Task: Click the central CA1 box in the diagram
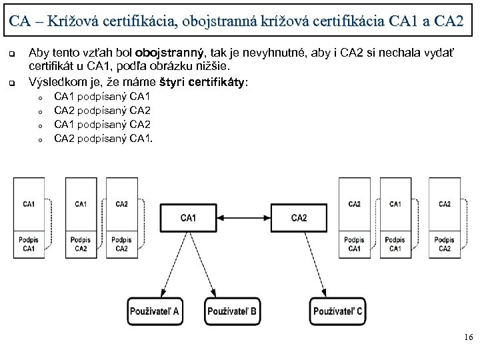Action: tap(188, 218)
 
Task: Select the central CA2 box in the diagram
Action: tap(299, 218)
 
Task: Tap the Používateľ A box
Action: tap(158, 311)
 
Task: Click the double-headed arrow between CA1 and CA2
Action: tap(243, 218)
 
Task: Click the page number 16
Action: tap(467, 339)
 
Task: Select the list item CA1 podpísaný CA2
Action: tap(102, 125)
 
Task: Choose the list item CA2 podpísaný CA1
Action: tap(103, 139)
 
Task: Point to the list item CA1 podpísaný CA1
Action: tap(102, 97)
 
